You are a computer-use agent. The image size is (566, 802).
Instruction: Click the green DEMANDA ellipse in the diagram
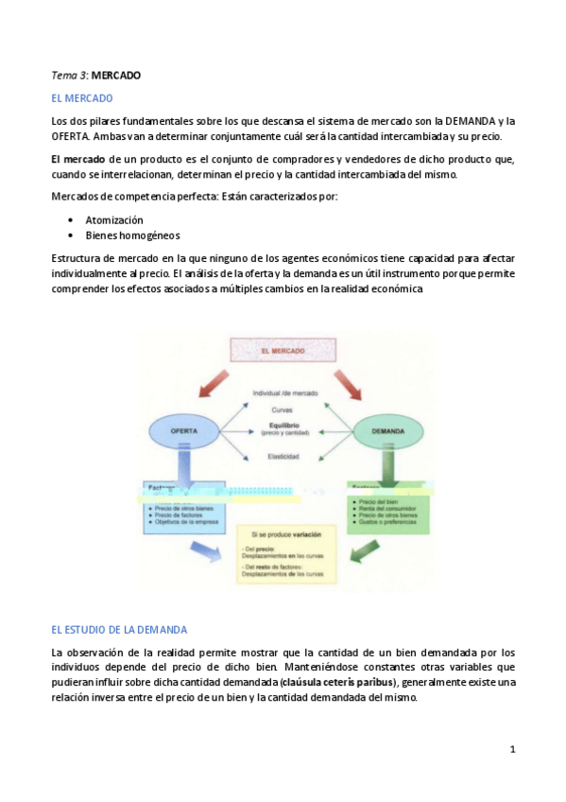(x=387, y=431)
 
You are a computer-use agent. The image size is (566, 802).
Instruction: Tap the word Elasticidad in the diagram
(x=284, y=457)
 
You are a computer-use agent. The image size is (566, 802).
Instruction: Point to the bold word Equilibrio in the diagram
(x=284, y=426)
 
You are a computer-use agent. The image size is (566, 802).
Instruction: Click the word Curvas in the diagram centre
(x=283, y=409)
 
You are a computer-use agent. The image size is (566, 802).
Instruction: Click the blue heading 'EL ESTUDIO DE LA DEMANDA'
(x=119, y=629)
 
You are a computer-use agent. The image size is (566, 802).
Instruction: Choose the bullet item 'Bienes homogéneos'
(x=132, y=235)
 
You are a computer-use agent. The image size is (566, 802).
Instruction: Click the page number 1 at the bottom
(x=512, y=750)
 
